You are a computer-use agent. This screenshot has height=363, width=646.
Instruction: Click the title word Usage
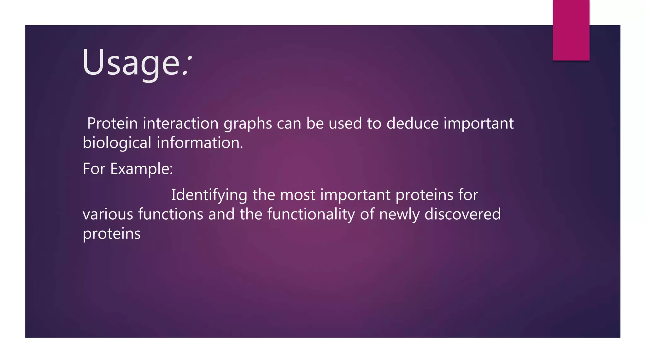pos(131,62)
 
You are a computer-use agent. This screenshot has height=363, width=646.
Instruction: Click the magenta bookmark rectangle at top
pos(571,30)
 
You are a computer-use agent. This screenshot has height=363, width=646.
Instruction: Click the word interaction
pos(181,123)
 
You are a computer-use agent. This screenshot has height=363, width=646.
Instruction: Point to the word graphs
pos(248,124)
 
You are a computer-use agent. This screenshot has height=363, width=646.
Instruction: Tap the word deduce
pos(412,123)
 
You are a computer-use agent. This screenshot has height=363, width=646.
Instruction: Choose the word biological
pos(117,143)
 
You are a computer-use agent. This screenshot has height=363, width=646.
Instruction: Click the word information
pos(200,143)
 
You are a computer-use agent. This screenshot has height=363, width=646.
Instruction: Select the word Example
pos(141,169)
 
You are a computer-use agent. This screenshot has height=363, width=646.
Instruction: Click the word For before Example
pos(94,169)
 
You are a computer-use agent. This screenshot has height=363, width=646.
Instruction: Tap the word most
pos(297,195)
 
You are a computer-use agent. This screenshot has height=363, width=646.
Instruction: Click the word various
pos(108,214)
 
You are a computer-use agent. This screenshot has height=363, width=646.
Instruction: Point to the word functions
pos(171,214)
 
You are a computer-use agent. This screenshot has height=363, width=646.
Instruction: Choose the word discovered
pos(462,214)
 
